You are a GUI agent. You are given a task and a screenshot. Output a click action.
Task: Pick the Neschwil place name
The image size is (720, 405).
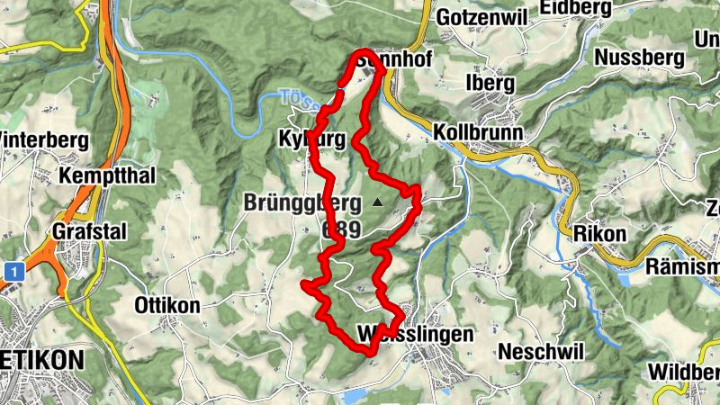coord(542,350)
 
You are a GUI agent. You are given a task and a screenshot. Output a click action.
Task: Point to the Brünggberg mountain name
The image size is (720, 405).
coord(301,202)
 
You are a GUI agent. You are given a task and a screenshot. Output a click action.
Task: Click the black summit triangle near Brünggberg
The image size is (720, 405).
coord(377,202)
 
